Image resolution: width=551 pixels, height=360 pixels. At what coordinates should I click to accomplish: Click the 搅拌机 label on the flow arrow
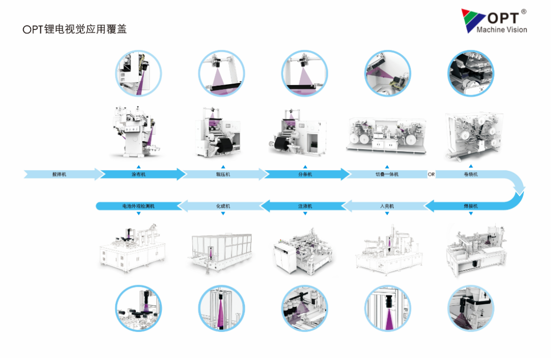click(x=59, y=174)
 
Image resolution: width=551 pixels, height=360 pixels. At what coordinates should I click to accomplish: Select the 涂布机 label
click(x=138, y=174)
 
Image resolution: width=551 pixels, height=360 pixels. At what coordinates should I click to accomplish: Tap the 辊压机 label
click(x=223, y=174)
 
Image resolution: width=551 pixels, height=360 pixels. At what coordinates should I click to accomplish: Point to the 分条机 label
click(x=305, y=174)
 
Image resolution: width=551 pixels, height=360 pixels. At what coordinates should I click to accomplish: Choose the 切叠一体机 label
click(x=387, y=174)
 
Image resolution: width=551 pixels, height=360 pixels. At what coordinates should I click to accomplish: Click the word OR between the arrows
click(x=431, y=174)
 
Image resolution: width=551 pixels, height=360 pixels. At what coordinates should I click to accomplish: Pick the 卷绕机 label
click(x=471, y=174)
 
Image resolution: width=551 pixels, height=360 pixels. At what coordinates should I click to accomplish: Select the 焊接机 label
click(x=471, y=206)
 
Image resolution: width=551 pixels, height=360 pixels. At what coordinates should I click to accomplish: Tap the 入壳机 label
click(x=387, y=206)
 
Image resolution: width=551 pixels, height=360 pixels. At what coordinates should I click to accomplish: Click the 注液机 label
click(x=305, y=206)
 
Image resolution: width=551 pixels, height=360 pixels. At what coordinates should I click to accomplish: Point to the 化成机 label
click(x=223, y=206)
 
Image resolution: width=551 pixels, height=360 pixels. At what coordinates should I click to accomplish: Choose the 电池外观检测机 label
click(x=138, y=206)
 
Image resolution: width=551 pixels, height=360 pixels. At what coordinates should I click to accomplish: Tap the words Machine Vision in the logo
click(x=502, y=30)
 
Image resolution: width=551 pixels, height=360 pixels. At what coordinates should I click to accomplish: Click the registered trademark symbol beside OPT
click(x=523, y=12)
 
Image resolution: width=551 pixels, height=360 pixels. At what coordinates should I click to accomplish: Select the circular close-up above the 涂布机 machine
click(x=138, y=73)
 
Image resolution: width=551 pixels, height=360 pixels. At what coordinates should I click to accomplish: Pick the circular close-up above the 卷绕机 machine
click(x=470, y=73)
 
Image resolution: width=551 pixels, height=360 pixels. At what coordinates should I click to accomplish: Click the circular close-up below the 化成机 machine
click(x=221, y=308)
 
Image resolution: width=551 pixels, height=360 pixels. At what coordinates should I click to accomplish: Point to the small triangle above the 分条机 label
click(x=305, y=166)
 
